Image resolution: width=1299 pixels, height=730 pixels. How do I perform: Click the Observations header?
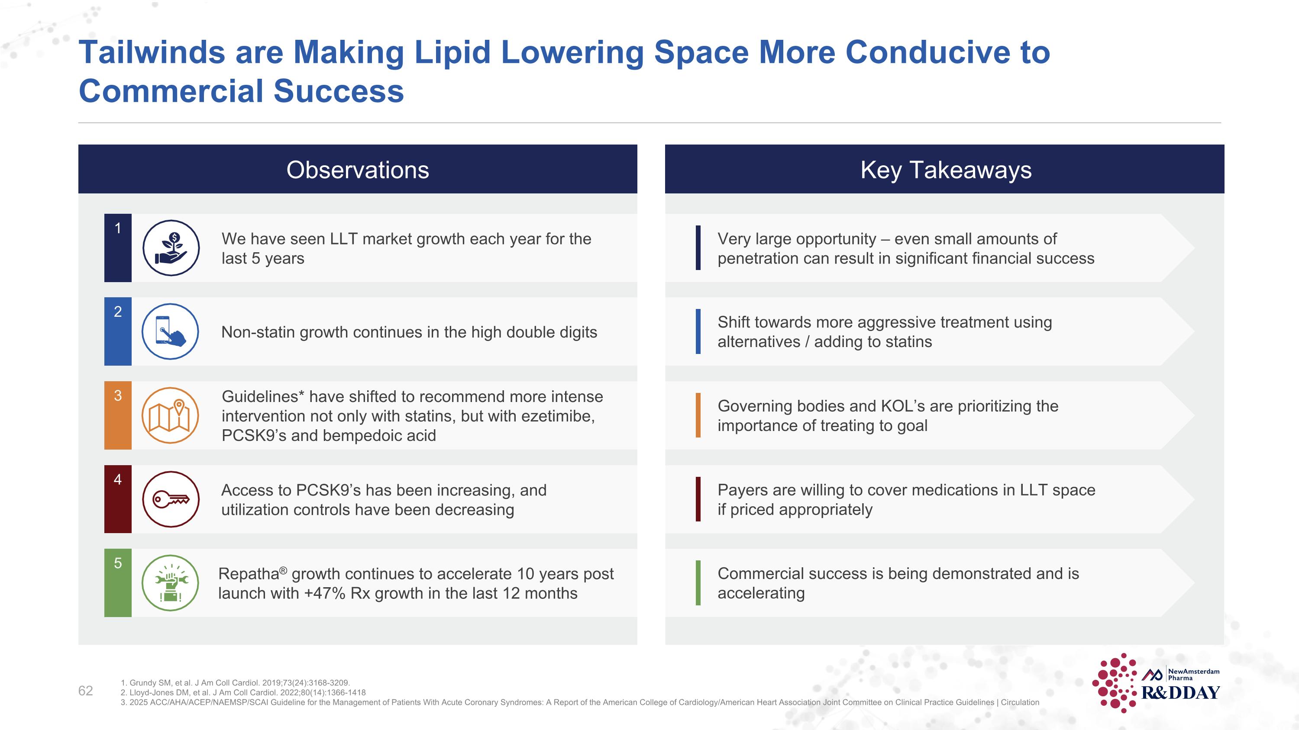[x=358, y=170]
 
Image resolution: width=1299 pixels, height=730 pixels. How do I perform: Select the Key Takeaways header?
[x=946, y=170]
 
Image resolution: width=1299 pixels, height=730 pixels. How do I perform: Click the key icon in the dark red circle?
[x=171, y=499]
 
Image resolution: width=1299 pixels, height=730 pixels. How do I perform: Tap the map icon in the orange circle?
[x=171, y=416]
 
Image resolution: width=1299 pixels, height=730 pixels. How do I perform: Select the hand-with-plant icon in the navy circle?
[x=171, y=248]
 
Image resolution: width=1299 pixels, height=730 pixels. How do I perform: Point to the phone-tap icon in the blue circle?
[x=171, y=331]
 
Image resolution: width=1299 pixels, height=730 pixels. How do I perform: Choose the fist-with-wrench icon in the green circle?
[x=171, y=583]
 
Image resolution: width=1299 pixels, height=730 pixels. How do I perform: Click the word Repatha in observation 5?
[x=249, y=574]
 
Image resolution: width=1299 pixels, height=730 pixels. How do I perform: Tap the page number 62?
[x=85, y=691]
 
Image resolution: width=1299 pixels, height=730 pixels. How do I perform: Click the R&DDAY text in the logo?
[x=1180, y=693]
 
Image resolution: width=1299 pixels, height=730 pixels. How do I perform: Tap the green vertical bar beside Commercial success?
[x=698, y=583]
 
